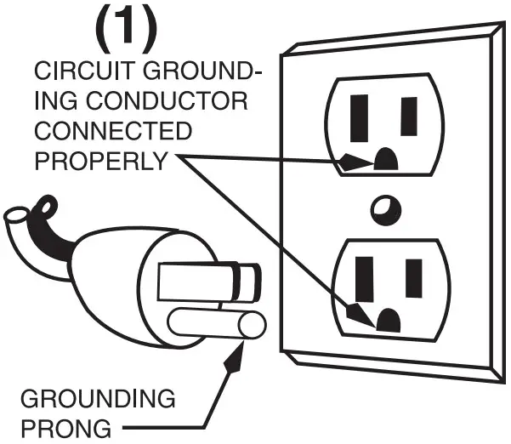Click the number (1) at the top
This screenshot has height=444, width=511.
126,26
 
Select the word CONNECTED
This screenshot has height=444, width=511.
112,132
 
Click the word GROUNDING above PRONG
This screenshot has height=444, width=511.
97,398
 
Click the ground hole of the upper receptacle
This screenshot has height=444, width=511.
387,158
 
